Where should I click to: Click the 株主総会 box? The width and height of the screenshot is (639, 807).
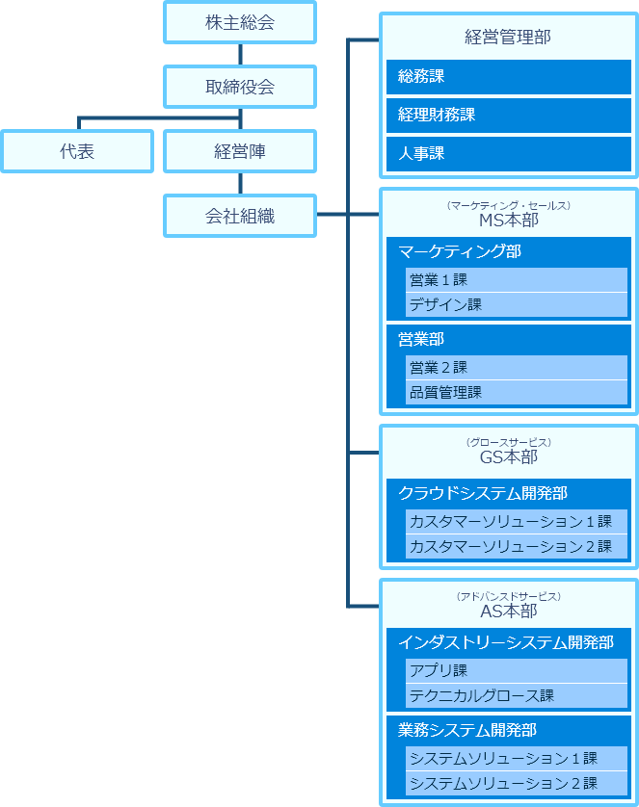click(240, 23)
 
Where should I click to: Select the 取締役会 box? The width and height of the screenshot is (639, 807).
click(240, 87)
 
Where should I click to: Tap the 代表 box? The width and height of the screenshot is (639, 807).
click(77, 151)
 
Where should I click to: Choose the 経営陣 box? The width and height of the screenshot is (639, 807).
click(240, 151)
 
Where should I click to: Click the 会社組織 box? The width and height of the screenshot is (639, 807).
click(240, 216)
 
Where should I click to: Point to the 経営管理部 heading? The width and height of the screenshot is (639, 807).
click(508, 39)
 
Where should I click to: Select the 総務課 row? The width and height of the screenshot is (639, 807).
click(508, 76)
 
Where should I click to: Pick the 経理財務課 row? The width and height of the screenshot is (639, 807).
click(508, 115)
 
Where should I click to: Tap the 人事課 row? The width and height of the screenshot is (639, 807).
click(508, 153)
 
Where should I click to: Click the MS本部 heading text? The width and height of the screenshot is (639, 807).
click(508, 220)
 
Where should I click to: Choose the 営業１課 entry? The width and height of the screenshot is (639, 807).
click(516, 280)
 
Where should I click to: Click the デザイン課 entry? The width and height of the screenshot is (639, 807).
click(516, 305)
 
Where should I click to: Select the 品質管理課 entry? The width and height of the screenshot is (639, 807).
click(516, 392)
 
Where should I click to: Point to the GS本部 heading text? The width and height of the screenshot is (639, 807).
click(508, 456)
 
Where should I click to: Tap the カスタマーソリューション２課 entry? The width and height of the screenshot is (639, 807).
click(516, 546)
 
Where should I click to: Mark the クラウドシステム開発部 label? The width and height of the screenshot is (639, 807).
click(483, 493)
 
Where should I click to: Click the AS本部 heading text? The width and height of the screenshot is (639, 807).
click(508, 611)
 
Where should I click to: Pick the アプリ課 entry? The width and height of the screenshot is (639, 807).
click(516, 670)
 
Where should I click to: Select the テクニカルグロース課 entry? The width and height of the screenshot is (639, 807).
click(516, 695)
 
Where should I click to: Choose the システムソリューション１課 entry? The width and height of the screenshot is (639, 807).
click(516, 758)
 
